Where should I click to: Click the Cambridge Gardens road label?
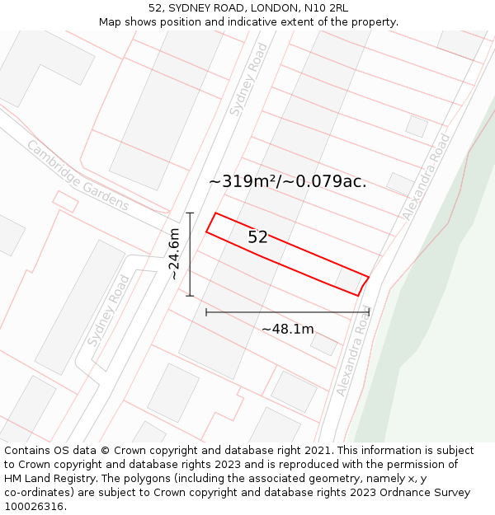[78, 175]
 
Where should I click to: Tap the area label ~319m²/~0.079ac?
[287, 181]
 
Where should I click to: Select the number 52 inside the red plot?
[257, 237]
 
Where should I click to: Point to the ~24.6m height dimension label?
[174, 255]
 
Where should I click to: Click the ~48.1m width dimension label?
[287, 329]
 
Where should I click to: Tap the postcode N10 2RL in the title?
[326, 7]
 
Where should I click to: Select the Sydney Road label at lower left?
[109, 310]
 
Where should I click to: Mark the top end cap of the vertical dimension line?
[190, 213]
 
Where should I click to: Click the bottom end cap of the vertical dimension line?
[190, 296]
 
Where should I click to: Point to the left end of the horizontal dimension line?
[206, 312]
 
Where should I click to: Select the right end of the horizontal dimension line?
[370, 312]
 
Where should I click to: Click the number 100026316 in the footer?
[35, 507]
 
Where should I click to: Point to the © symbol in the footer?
[105, 451]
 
